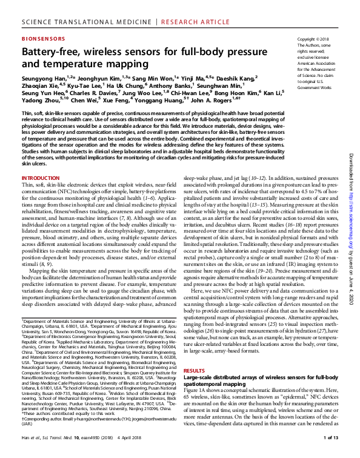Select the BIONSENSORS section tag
click(x=45, y=38)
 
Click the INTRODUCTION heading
click(x=41, y=162)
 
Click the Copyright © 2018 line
click(x=313, y=39)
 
